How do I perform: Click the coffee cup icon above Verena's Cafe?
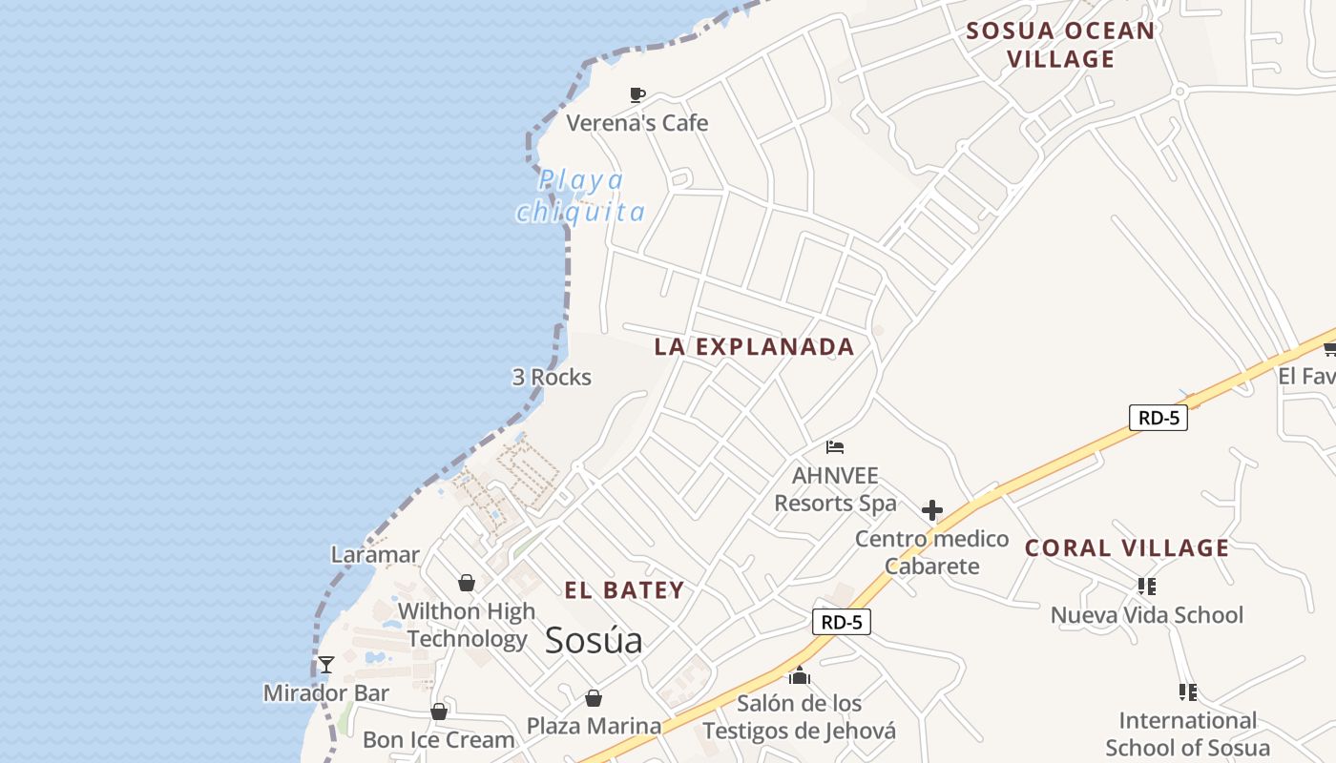637,94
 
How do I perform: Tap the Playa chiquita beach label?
580,196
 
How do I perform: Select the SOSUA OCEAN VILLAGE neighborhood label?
1061,45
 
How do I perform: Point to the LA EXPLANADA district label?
754,347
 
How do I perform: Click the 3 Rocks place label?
552,378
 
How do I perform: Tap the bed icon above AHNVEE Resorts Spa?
835,446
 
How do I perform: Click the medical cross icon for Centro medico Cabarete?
932,510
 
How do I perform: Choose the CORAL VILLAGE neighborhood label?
1127,548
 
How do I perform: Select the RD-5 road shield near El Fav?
1158,417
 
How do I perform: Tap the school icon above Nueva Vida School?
1147,586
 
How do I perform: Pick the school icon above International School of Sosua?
1187,691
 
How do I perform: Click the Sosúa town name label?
594,641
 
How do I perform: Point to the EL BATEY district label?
624,590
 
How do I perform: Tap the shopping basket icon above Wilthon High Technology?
467,582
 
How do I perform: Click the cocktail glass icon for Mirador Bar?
326,664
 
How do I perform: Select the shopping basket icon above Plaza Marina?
594,698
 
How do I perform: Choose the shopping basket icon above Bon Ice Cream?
439,711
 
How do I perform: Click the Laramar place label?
375,555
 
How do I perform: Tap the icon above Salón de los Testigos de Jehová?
800,676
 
